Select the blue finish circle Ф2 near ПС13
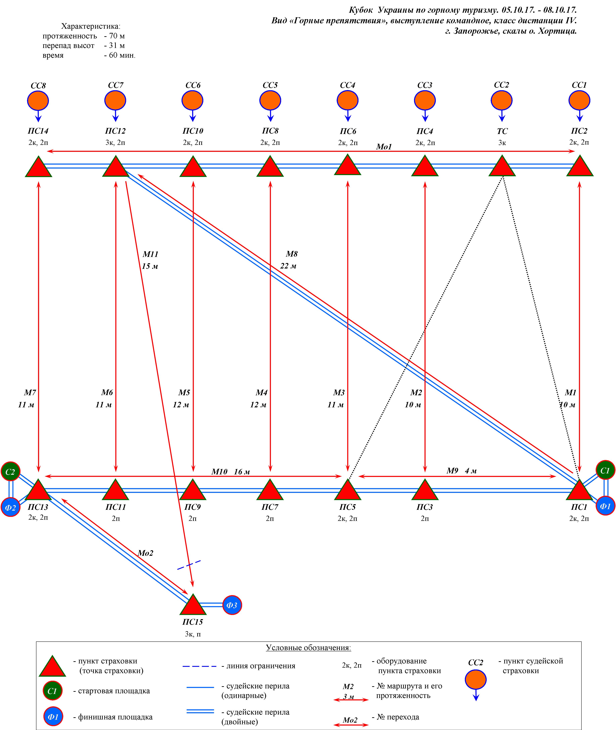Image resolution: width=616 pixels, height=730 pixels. click(10, 507)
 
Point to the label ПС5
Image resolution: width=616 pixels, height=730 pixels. click(347, 507)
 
